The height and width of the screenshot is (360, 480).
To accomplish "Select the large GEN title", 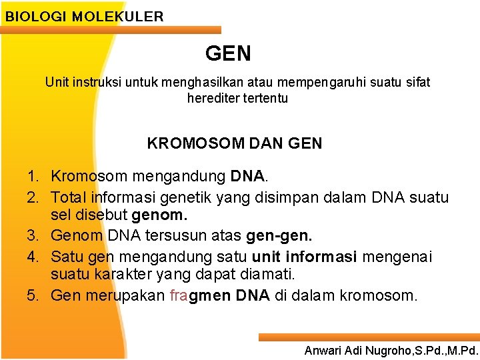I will click(x=229, y=53).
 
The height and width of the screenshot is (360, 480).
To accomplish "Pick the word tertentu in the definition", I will click(x=265, y=99).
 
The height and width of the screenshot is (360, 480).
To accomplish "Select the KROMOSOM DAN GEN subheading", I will click(x=234, y=143).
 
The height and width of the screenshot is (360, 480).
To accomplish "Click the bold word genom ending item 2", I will click(x=160, y=216).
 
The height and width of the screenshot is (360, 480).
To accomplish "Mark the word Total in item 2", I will click(x=69, y=197).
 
